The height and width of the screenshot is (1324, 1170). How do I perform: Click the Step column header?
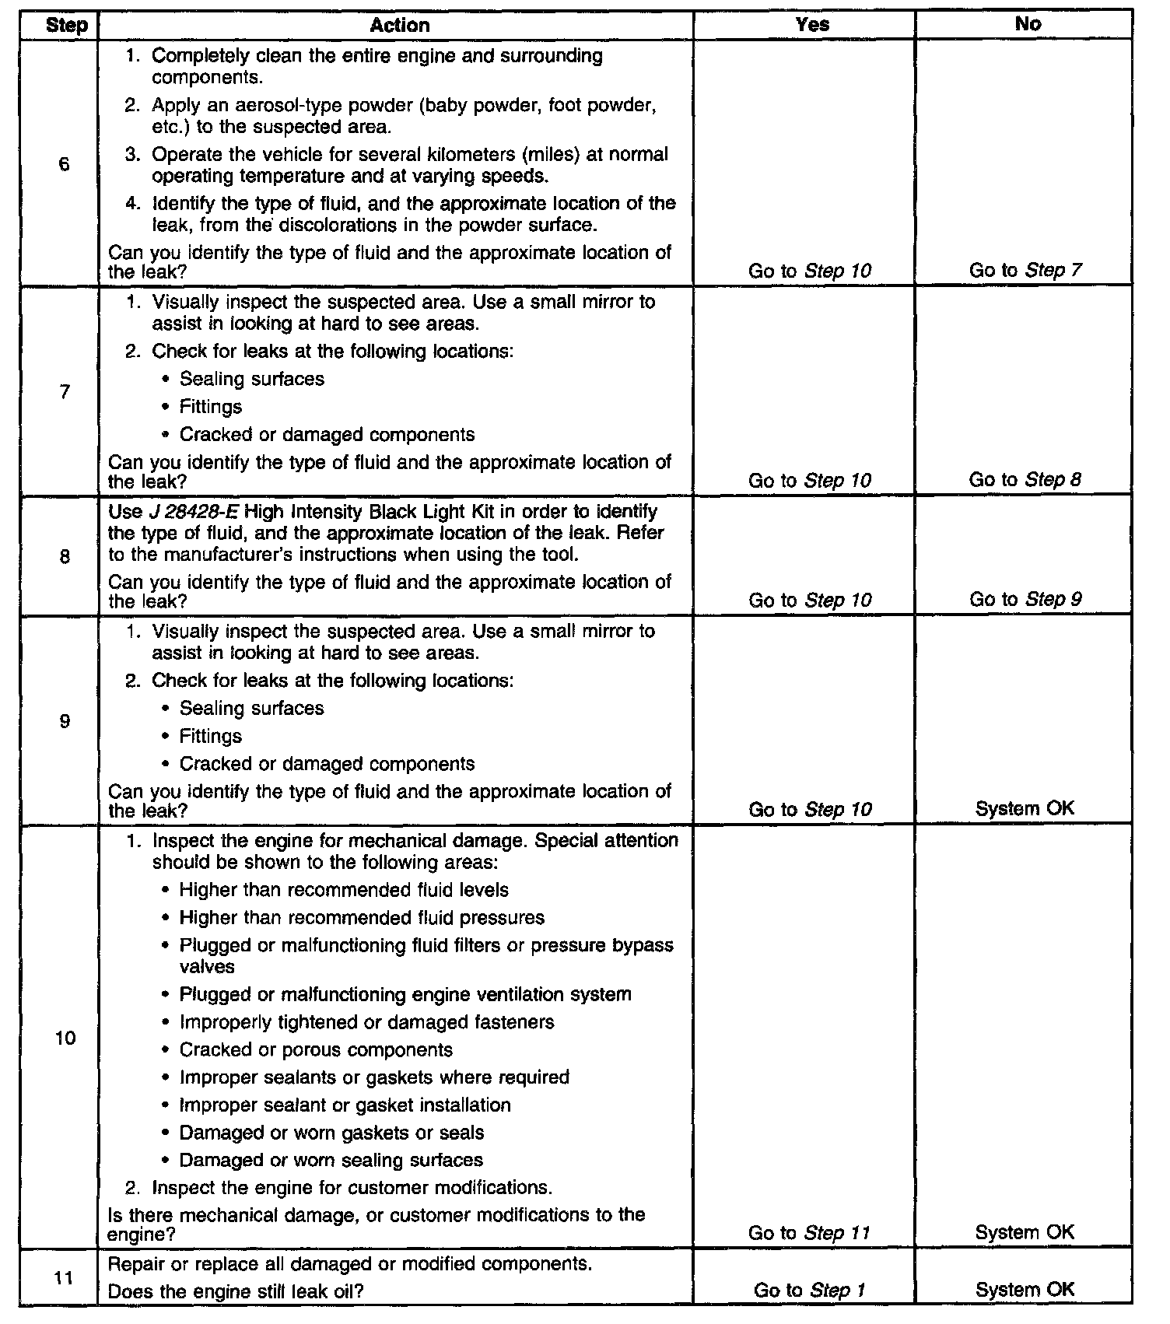click(66, 25)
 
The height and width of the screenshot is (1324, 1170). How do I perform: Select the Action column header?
click(400, 25)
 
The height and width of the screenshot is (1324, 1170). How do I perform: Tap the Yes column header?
click(812, 24)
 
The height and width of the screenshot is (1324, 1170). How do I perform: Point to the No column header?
click(1028, 24)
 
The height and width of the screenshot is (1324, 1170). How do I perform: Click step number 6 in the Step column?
click(64, 164)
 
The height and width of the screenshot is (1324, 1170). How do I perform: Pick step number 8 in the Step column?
click(65, 557)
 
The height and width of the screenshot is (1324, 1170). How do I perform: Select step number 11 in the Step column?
click(65, 1277)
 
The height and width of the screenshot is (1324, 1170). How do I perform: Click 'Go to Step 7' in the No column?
click(1025, 270)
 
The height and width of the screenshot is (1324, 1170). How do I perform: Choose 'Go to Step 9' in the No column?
click(1025, 600)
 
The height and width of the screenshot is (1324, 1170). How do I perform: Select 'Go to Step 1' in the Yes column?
click(809, 1291)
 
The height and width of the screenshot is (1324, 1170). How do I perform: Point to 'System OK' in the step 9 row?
click(1025, 809)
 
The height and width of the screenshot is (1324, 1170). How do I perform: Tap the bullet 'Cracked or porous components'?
click(316, 1050)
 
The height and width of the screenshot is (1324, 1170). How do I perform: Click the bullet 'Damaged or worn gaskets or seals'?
click(331, 1133)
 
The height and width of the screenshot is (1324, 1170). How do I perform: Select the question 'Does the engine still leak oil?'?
click(236, 1291)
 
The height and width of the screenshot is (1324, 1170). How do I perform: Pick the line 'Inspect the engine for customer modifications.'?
click(352, 1188)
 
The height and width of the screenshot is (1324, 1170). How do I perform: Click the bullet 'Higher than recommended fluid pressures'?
click(362, 918)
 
